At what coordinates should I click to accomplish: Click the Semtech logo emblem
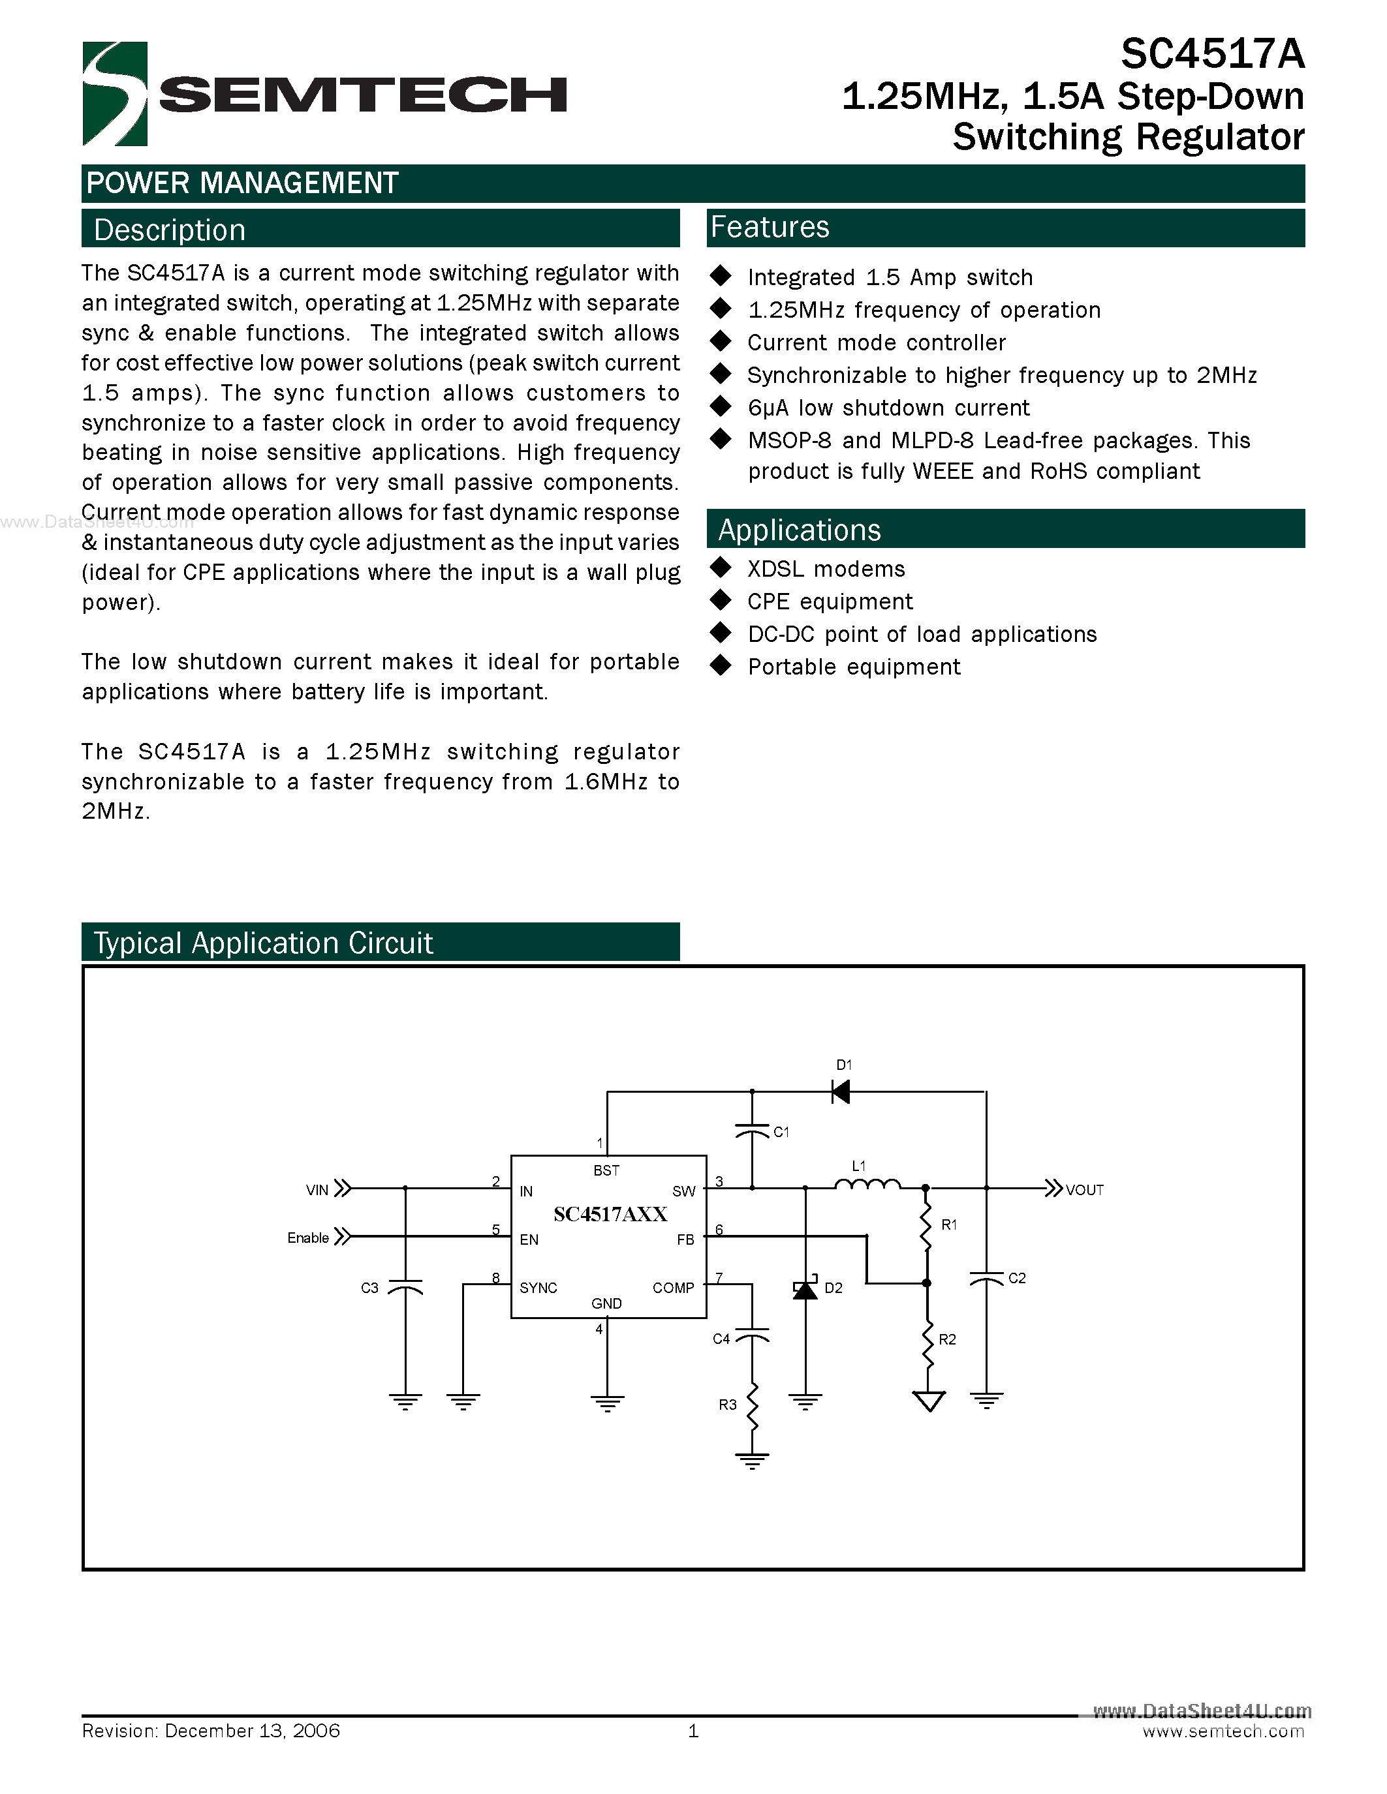pyautogui.click(x=115, y=94)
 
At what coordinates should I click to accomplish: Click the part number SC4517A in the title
pyautogui.click(x=1212, y=55)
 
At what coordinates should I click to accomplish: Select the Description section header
pyautogui.click(x=169, y=230)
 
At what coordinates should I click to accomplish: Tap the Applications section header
pyautogui.click(x=799, y=530)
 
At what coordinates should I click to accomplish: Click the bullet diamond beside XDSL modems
pyautogui.click(x=721, y=568)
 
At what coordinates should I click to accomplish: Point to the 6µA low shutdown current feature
pyautogui.click(x=888, y=408)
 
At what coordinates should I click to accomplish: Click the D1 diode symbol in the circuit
pyautogui.click(x=841, y=1091)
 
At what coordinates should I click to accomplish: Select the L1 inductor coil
pyautogui.click(x=867, y=1185)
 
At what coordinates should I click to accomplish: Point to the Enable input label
pyautogui.click(x=308, y=1238)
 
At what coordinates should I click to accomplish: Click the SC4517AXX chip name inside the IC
pyautogui.click(x=610, y=1214)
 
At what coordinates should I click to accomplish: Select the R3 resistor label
pyautogui.click(x=727, y=1405)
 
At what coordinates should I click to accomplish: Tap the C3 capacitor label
pyautogui.click(x=369, y=1288)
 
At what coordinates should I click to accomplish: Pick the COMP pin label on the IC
pyautogui.click(x=673, y=1288)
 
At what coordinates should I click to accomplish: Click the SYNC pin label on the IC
pyautogui.click(x=538, y=1288)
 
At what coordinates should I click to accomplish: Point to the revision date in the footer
pyautogui.click(x=252, y=1731)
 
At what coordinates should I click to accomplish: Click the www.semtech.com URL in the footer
pyautogui.click(x=1223, y=1731)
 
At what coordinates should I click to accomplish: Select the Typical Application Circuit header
pyautogui.click(x=263, y=943)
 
